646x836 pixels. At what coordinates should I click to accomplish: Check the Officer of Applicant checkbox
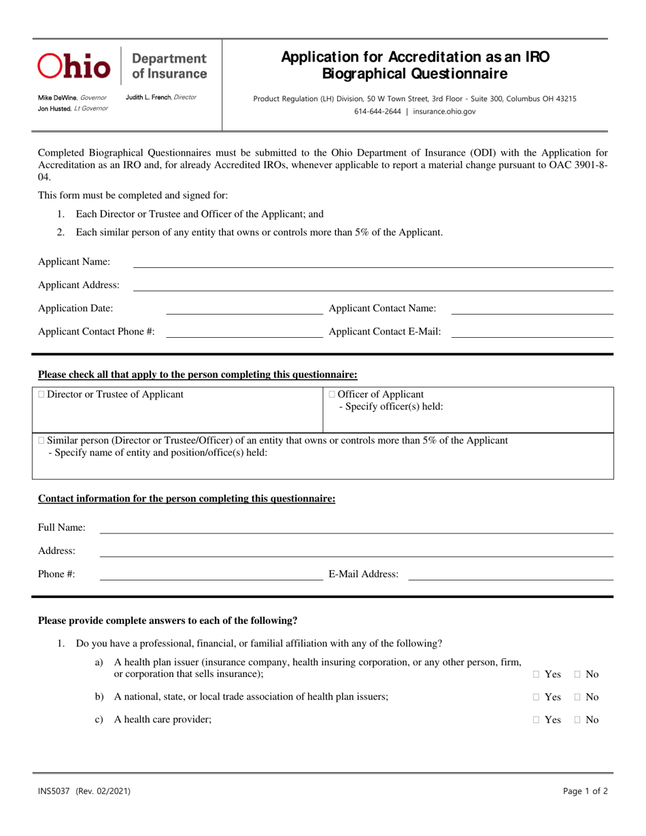[332, 394]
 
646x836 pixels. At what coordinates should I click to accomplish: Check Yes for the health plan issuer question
[537, 674]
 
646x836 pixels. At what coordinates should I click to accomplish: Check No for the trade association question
[577, 697]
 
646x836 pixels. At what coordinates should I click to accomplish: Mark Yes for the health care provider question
[537, 720]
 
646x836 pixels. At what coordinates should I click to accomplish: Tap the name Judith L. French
[149, 97]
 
